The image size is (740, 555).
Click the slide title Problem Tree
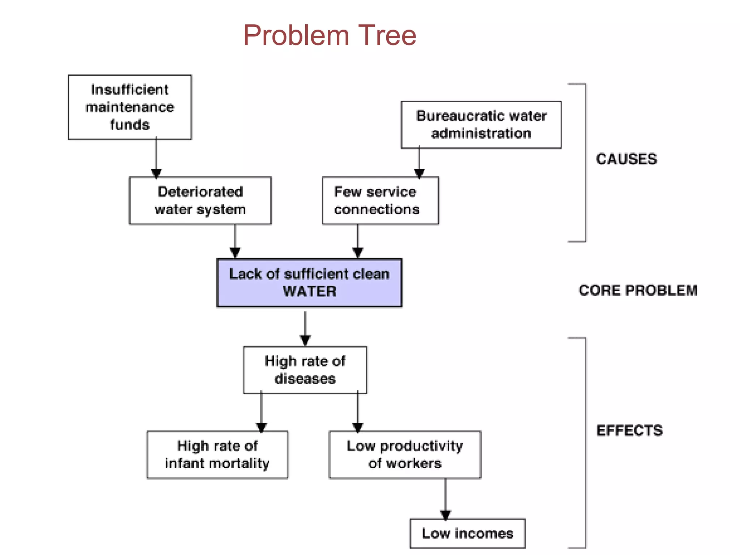click(x=330, y=35)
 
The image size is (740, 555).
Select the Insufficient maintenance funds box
click(x=130, y=107)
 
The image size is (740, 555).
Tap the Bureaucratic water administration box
click(x=481, y=125)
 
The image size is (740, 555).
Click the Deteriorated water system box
click(x=200, y=201)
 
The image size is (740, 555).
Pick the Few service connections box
click(x=380, y=201)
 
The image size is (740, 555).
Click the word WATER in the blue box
click(x=309, y=291)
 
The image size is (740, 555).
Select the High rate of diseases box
click(x=305, y=370)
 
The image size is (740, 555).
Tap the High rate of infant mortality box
click(x=217, y=455)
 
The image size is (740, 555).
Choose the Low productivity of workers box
click(x=405, y=455)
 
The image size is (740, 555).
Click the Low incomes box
click(x=467, y=533)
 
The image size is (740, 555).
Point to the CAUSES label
click(x=626, y=159)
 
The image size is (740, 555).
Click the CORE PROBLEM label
click(x=638, y=291)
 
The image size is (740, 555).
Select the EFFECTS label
click(x=629, y=430)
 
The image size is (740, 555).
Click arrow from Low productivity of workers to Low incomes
click(x=445, y=499)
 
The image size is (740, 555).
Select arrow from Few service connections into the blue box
click(x=358, y=240)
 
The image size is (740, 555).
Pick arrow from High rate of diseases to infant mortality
click(x=261, y=412)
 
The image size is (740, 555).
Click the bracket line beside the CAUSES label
click(x=585, y=163)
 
